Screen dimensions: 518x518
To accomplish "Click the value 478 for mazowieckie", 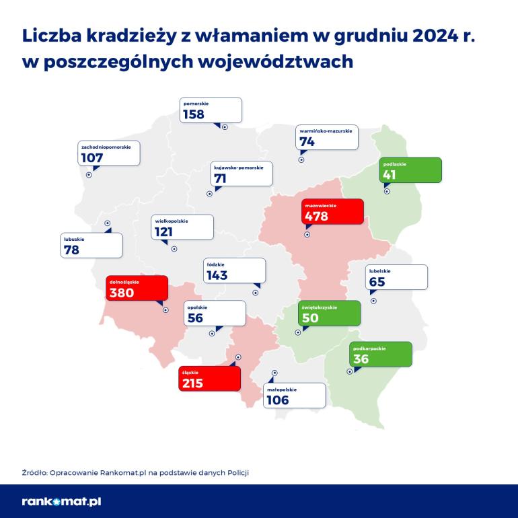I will (x=316, y=217).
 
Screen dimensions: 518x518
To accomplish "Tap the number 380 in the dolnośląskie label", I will (x=122, y=293).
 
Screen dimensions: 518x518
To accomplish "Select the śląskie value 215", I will (x=192, y=383).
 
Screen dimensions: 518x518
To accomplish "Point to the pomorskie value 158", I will (x=194, y=115).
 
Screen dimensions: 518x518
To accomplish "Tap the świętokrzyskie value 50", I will (x=310, y=318).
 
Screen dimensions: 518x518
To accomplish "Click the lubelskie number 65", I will (x=377, y=282).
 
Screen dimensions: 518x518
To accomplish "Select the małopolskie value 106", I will (x=277, y=400).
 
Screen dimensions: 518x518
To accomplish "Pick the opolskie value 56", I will (x=196, y=318).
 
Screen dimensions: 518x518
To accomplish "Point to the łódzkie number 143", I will (x=218, y=275).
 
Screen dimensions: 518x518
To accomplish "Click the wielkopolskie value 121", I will (x=163, y=232).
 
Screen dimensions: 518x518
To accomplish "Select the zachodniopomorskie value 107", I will (x=91, y=158).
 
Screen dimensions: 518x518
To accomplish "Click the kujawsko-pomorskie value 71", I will (x=220, y=178).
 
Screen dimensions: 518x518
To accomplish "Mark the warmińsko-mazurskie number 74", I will (x=307, y=142).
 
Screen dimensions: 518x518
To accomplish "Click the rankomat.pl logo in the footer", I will (x=61, y=501).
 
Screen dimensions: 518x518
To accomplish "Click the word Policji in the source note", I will (x=237, y=472).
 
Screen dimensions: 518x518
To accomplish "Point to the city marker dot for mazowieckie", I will (x=307, y=235).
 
